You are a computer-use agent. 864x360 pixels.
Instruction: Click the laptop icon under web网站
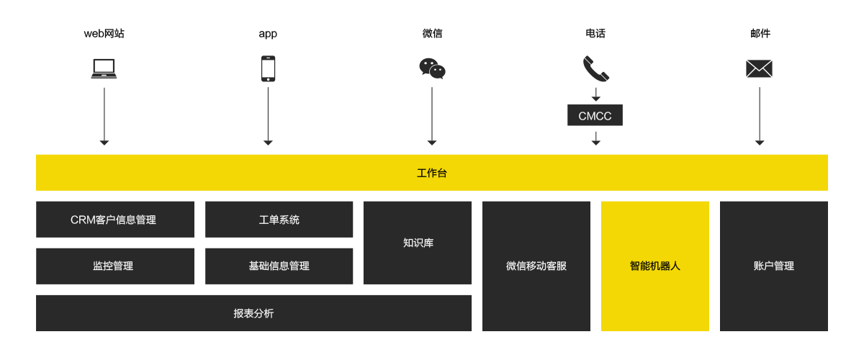pyautogui.click(x=104, y=68)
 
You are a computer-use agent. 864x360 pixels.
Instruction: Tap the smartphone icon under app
pyautogui.click(x=268, y=68)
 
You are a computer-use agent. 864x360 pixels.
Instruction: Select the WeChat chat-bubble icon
pyautogui.click(x=432, y=68)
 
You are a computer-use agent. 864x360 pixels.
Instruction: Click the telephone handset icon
pyautogui.click(x=596, y=68)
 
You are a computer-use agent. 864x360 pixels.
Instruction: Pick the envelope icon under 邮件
pyautogui.click(x=759, y=68)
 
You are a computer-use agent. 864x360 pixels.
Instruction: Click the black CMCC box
pyautogui.click(x=595, y=115)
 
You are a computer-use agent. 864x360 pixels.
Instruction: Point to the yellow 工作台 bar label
pyautogui.click(x=431, y=173)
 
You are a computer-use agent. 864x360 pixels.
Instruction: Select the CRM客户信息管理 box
pyautogui.click(x=115, y=219)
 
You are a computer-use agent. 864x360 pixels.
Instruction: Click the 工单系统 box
pyautogui.click(x=279, y=219)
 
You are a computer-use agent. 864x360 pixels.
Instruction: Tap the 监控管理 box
pyautogui.click(x=115, y=266)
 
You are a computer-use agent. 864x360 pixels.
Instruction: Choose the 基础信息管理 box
pyautogui.click(x=279, y=266)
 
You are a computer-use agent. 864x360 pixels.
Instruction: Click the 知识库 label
pyautogui.click(x=418, y=243)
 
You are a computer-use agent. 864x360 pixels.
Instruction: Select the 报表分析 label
pyautogui.click(x=253, y=313)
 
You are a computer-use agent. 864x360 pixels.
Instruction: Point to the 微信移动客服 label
pyautogui.click(x=536, y=266)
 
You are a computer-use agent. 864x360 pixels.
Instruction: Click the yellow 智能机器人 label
pyautogui.click(x=655, y=266)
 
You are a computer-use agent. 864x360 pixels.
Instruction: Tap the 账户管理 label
pyautogui.click(x=774, y=266)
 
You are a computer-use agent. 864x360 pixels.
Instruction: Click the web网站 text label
pyautogui.click(x=104, y=34)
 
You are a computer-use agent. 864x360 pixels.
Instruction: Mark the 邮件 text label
pyautogui.click(x=760, y=34)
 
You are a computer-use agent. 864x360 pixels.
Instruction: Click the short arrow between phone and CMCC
pyautogui.click(x=596, y=94)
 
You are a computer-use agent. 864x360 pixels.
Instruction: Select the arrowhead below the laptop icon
pyautogui.click(x=104, y=143)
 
